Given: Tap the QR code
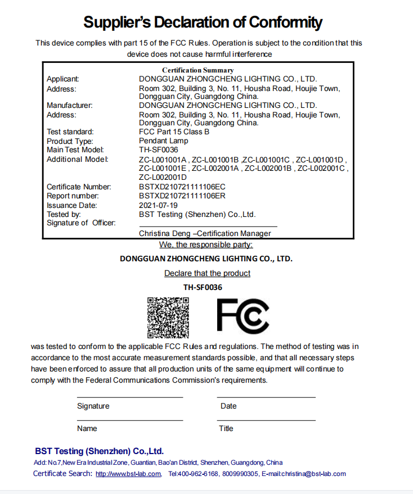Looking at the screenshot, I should pyautogui.click(x=168, y=316).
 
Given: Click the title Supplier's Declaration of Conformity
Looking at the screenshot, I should pyautogui.click(x=203, y=22).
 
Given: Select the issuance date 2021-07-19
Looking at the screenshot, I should pyautogui.click(x=158, y=205).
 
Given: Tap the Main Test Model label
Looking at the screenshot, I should pyautogui.click(x=75, y=150).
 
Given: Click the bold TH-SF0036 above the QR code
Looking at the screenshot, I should pyautogui.click(x=203, y=287).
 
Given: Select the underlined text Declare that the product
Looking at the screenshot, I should pyautogui.click(x=207, y=273).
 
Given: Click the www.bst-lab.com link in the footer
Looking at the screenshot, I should pyautogui.click(x=128, y=474).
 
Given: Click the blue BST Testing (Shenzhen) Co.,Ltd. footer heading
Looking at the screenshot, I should pyautogui.click(x=99, y=451).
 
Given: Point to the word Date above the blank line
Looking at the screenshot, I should pyautogui.click(x=228, y=406).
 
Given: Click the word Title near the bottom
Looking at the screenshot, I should pyautogui.click(x=226, y=428).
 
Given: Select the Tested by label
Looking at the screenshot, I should pyautogui.click(x=64, y=214).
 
